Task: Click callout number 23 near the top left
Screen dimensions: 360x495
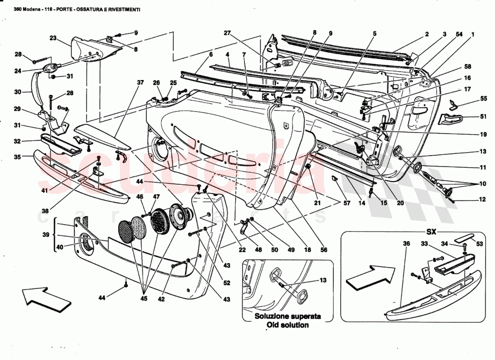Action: pyautogui.click(x=53, y=38)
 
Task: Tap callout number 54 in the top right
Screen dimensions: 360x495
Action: pyautogui.click(x=459, y=34)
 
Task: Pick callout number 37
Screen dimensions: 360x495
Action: pyautogui.click(x=140, y=82)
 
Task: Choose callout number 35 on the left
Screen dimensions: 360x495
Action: pyautogui.click(x=18, y=157)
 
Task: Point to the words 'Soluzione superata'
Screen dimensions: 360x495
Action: pyautogui.click(x=288, y=316)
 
